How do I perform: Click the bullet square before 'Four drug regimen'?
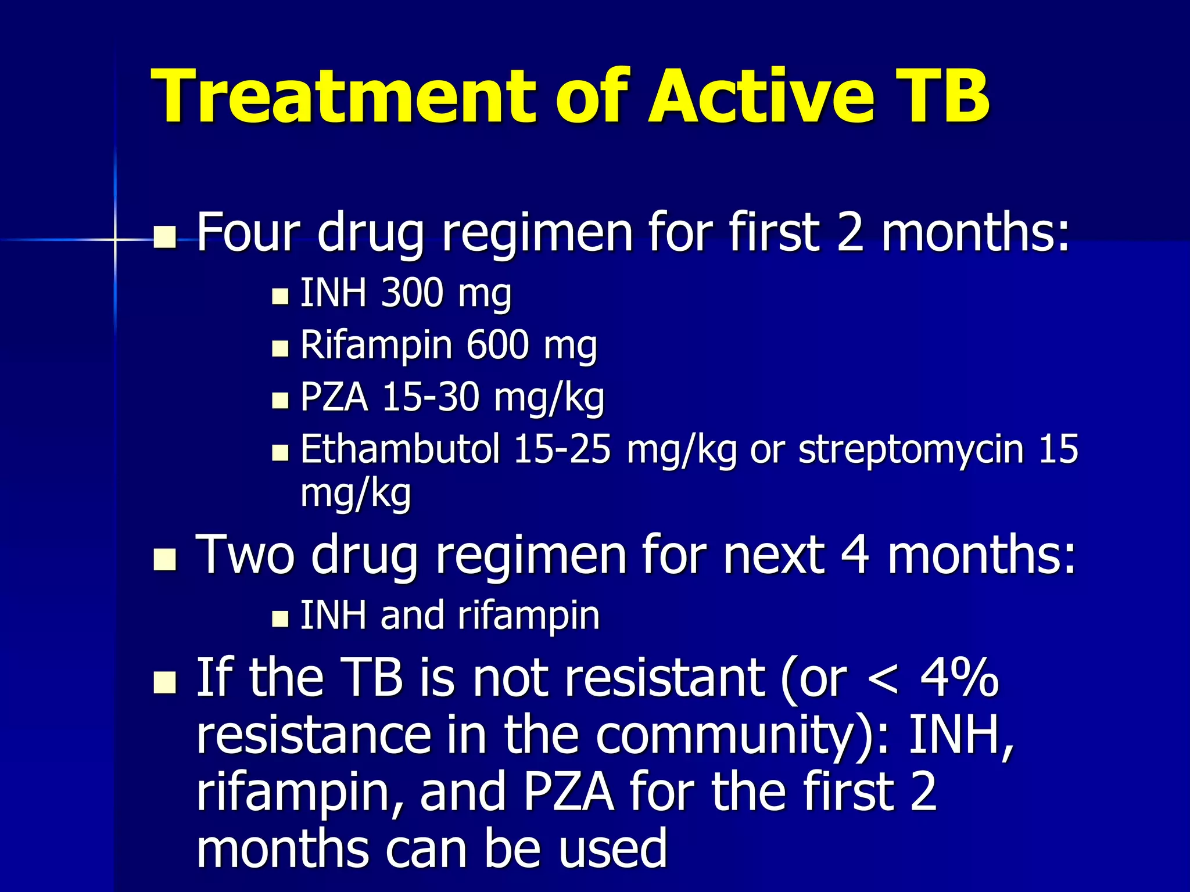pyautogui.click(x=165, y=237)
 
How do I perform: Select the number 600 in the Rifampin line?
pyautogui.click(x=497, y=345)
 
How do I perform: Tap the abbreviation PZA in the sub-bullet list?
pyautogui.click(x=335, y=397)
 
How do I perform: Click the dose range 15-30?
pyautogui.click(x=431, y=397)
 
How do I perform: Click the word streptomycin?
pyautogui.click(x=911, y=449)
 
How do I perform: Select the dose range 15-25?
pyautogui.click(x=562, y=449)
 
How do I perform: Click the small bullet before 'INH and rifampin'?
pyautogui.click(x=280, y=618)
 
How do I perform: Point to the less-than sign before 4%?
pyautogui.click(x=883, y=679)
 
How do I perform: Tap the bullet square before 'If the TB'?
pyautogui.click(x=165, y=683)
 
